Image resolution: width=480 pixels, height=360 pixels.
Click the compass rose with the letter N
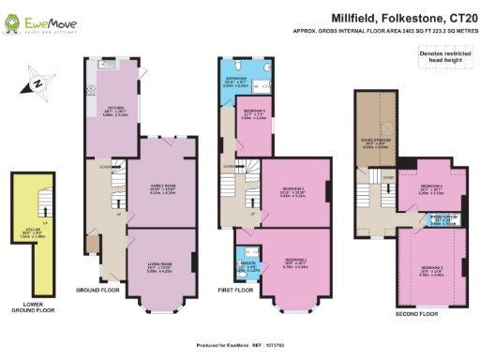(x=37, y=83)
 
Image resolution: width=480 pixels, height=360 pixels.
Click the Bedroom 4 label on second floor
(x=430, y=189)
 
